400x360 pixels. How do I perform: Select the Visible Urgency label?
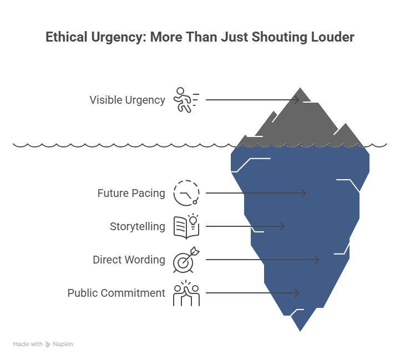(127, 100)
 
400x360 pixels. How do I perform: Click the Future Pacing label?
(131, 193)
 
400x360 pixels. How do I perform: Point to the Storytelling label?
(137, 226)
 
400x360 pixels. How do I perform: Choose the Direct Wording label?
(129, 260)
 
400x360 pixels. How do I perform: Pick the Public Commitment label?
(116, 293)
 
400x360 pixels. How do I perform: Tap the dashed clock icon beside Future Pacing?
(186, 193)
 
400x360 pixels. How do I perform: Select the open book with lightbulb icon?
(186, 226)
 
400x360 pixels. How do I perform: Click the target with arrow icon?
(186, 260)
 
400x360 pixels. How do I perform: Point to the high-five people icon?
(186, 293)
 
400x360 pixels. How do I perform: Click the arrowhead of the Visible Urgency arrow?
(297, 100)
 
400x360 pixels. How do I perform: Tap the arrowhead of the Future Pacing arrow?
(303, 193)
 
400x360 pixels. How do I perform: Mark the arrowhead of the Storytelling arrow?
(283, 226)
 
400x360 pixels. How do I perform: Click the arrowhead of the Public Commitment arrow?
(297, 293)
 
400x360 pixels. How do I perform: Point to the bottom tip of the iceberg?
(300, 332)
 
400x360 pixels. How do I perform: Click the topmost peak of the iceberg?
(301, 88)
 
